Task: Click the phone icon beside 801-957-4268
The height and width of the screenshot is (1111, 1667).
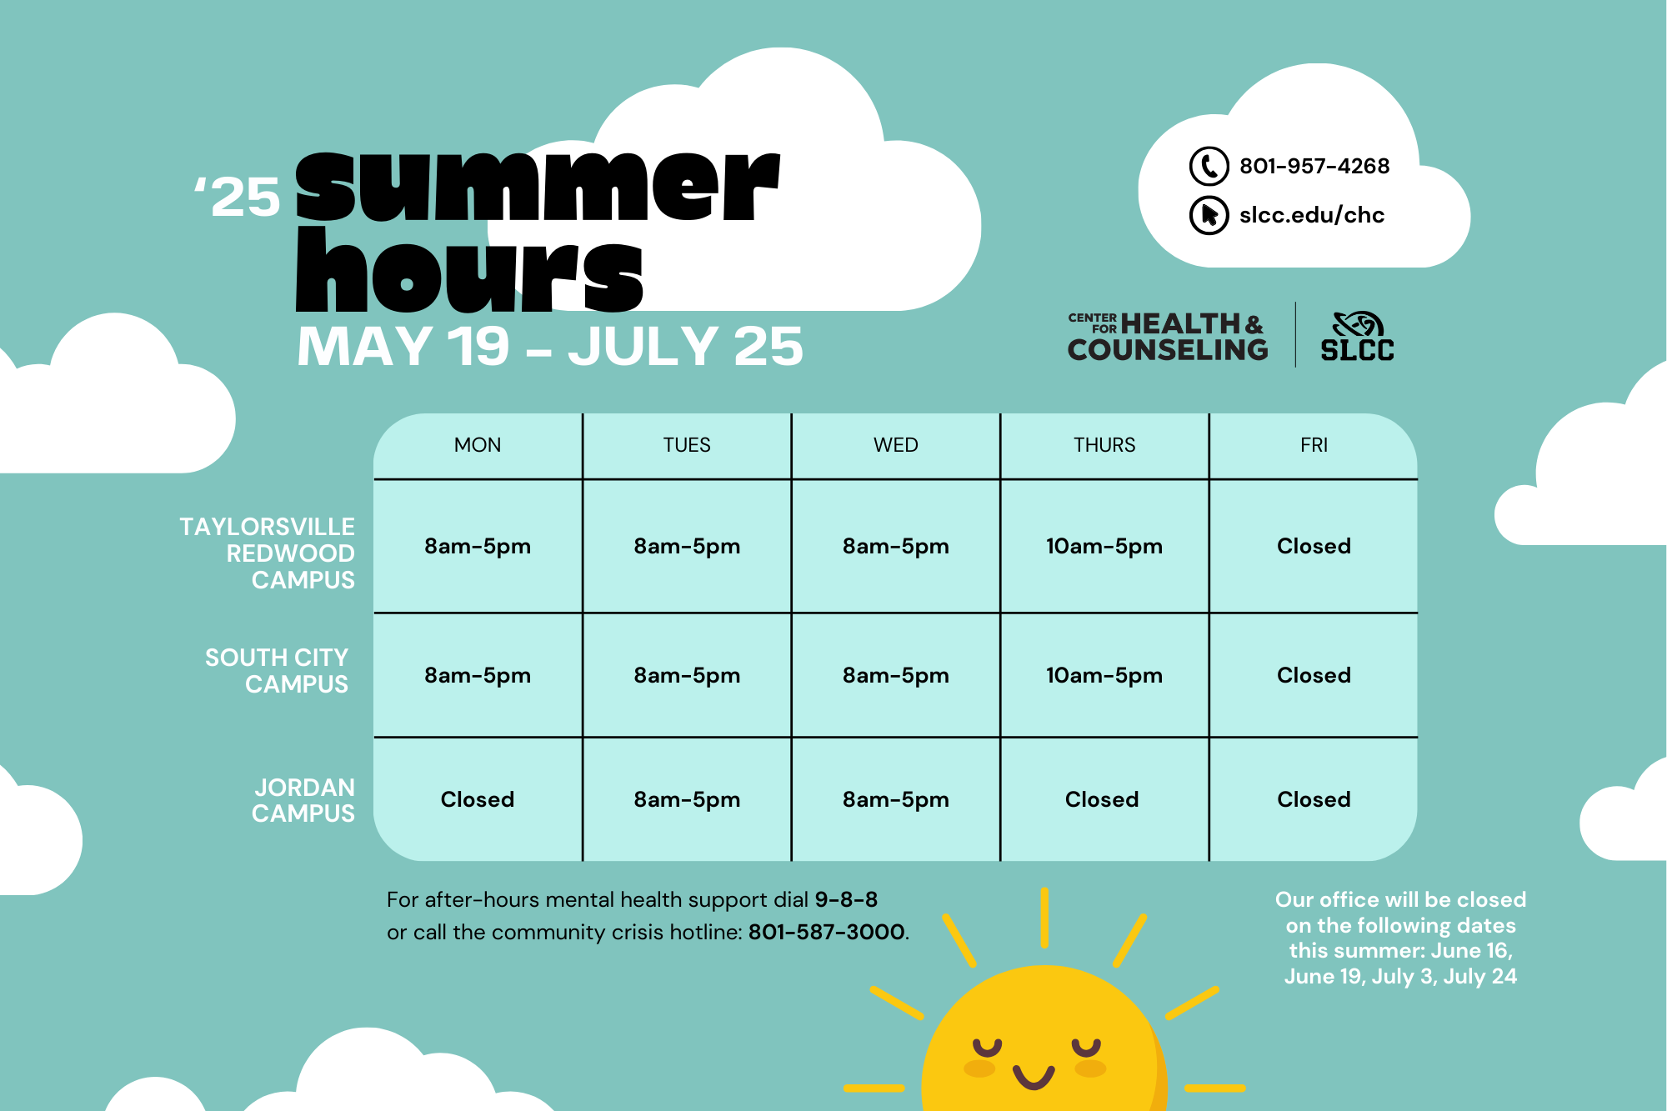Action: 1209,166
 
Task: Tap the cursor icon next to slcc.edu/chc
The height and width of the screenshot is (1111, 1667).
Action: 1209,215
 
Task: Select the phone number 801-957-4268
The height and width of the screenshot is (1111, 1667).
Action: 1314,166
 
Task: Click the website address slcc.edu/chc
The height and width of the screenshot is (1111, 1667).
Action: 1312,215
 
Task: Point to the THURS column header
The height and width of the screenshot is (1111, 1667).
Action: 1104,445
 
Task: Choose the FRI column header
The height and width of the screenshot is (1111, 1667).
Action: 1314,445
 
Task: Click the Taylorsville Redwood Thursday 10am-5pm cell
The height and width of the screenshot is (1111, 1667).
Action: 1104,547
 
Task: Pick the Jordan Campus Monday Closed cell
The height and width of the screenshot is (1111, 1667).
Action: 478,799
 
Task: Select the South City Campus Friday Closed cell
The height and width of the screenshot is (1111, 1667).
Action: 1314,675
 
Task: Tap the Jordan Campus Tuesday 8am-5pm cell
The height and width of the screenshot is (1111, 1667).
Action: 687,800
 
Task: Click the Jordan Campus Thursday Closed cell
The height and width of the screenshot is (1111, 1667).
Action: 1102,799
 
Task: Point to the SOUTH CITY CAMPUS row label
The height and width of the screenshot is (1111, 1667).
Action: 277,671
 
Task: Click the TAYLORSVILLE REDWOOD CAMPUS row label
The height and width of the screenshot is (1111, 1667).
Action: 268,553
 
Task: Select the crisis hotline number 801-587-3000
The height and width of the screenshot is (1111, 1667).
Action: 827,932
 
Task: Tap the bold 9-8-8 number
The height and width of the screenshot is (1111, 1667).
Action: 846,899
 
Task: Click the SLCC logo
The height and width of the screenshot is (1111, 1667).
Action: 1357,337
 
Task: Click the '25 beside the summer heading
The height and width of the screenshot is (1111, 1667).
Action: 238,198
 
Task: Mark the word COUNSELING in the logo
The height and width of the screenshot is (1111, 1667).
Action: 1168,350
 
